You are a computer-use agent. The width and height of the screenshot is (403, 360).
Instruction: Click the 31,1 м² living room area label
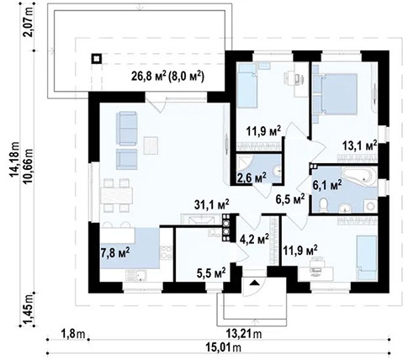(x=212, y=204)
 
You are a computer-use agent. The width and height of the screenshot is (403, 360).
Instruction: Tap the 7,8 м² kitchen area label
(x=115, y=252)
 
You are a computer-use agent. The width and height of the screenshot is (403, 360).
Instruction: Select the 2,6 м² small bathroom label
(x=252, y=177)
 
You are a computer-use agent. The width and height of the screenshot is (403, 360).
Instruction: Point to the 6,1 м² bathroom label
(x=327, y=185)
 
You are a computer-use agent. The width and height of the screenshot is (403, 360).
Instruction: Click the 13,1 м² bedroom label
(x=359, y=146)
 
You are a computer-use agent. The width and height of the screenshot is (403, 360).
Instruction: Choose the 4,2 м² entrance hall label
(x=254, y=239)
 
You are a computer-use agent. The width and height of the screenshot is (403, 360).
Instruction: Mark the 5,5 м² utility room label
(x=211, y=273)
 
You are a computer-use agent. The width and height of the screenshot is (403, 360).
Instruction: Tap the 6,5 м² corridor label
(x=290, y=199)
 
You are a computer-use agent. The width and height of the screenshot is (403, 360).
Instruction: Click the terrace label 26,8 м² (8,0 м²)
(x=167, y=76)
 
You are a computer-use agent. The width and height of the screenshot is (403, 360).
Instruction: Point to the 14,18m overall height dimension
(x=14, y=159)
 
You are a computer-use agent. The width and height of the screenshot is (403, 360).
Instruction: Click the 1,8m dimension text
(x=72, y=334)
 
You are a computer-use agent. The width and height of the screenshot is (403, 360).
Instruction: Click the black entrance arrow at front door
(x=255, y=283)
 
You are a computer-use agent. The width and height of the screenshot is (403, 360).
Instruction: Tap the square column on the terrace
(x=96, y=59)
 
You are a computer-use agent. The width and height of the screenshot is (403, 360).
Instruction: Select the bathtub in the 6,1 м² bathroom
(x=358, y=176)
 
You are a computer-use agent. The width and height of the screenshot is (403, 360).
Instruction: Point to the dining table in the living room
(x=116, y=195)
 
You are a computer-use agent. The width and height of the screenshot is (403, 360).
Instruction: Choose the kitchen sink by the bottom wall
(x=136, y=276)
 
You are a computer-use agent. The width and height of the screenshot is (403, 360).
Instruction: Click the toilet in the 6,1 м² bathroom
(x=323, y=204)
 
